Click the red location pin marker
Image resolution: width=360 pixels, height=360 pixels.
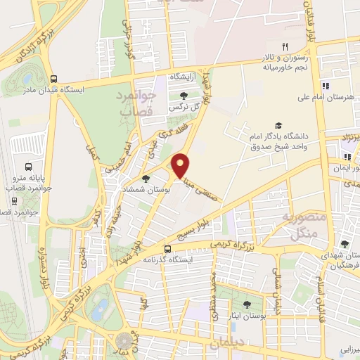[x=181, y=165]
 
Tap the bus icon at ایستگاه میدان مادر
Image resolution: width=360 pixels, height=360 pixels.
[x=54, y=79]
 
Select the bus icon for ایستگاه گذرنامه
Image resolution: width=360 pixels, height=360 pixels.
[x=167, y=249]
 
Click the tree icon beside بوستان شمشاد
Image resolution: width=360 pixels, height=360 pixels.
[x=146, y=179]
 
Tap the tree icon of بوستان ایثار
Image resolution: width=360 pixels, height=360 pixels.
[x=247, y=304]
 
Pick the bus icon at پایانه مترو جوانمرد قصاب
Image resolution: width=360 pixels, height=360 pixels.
[x=28, y=167]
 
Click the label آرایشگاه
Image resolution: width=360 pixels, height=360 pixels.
[x=181, y=76]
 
